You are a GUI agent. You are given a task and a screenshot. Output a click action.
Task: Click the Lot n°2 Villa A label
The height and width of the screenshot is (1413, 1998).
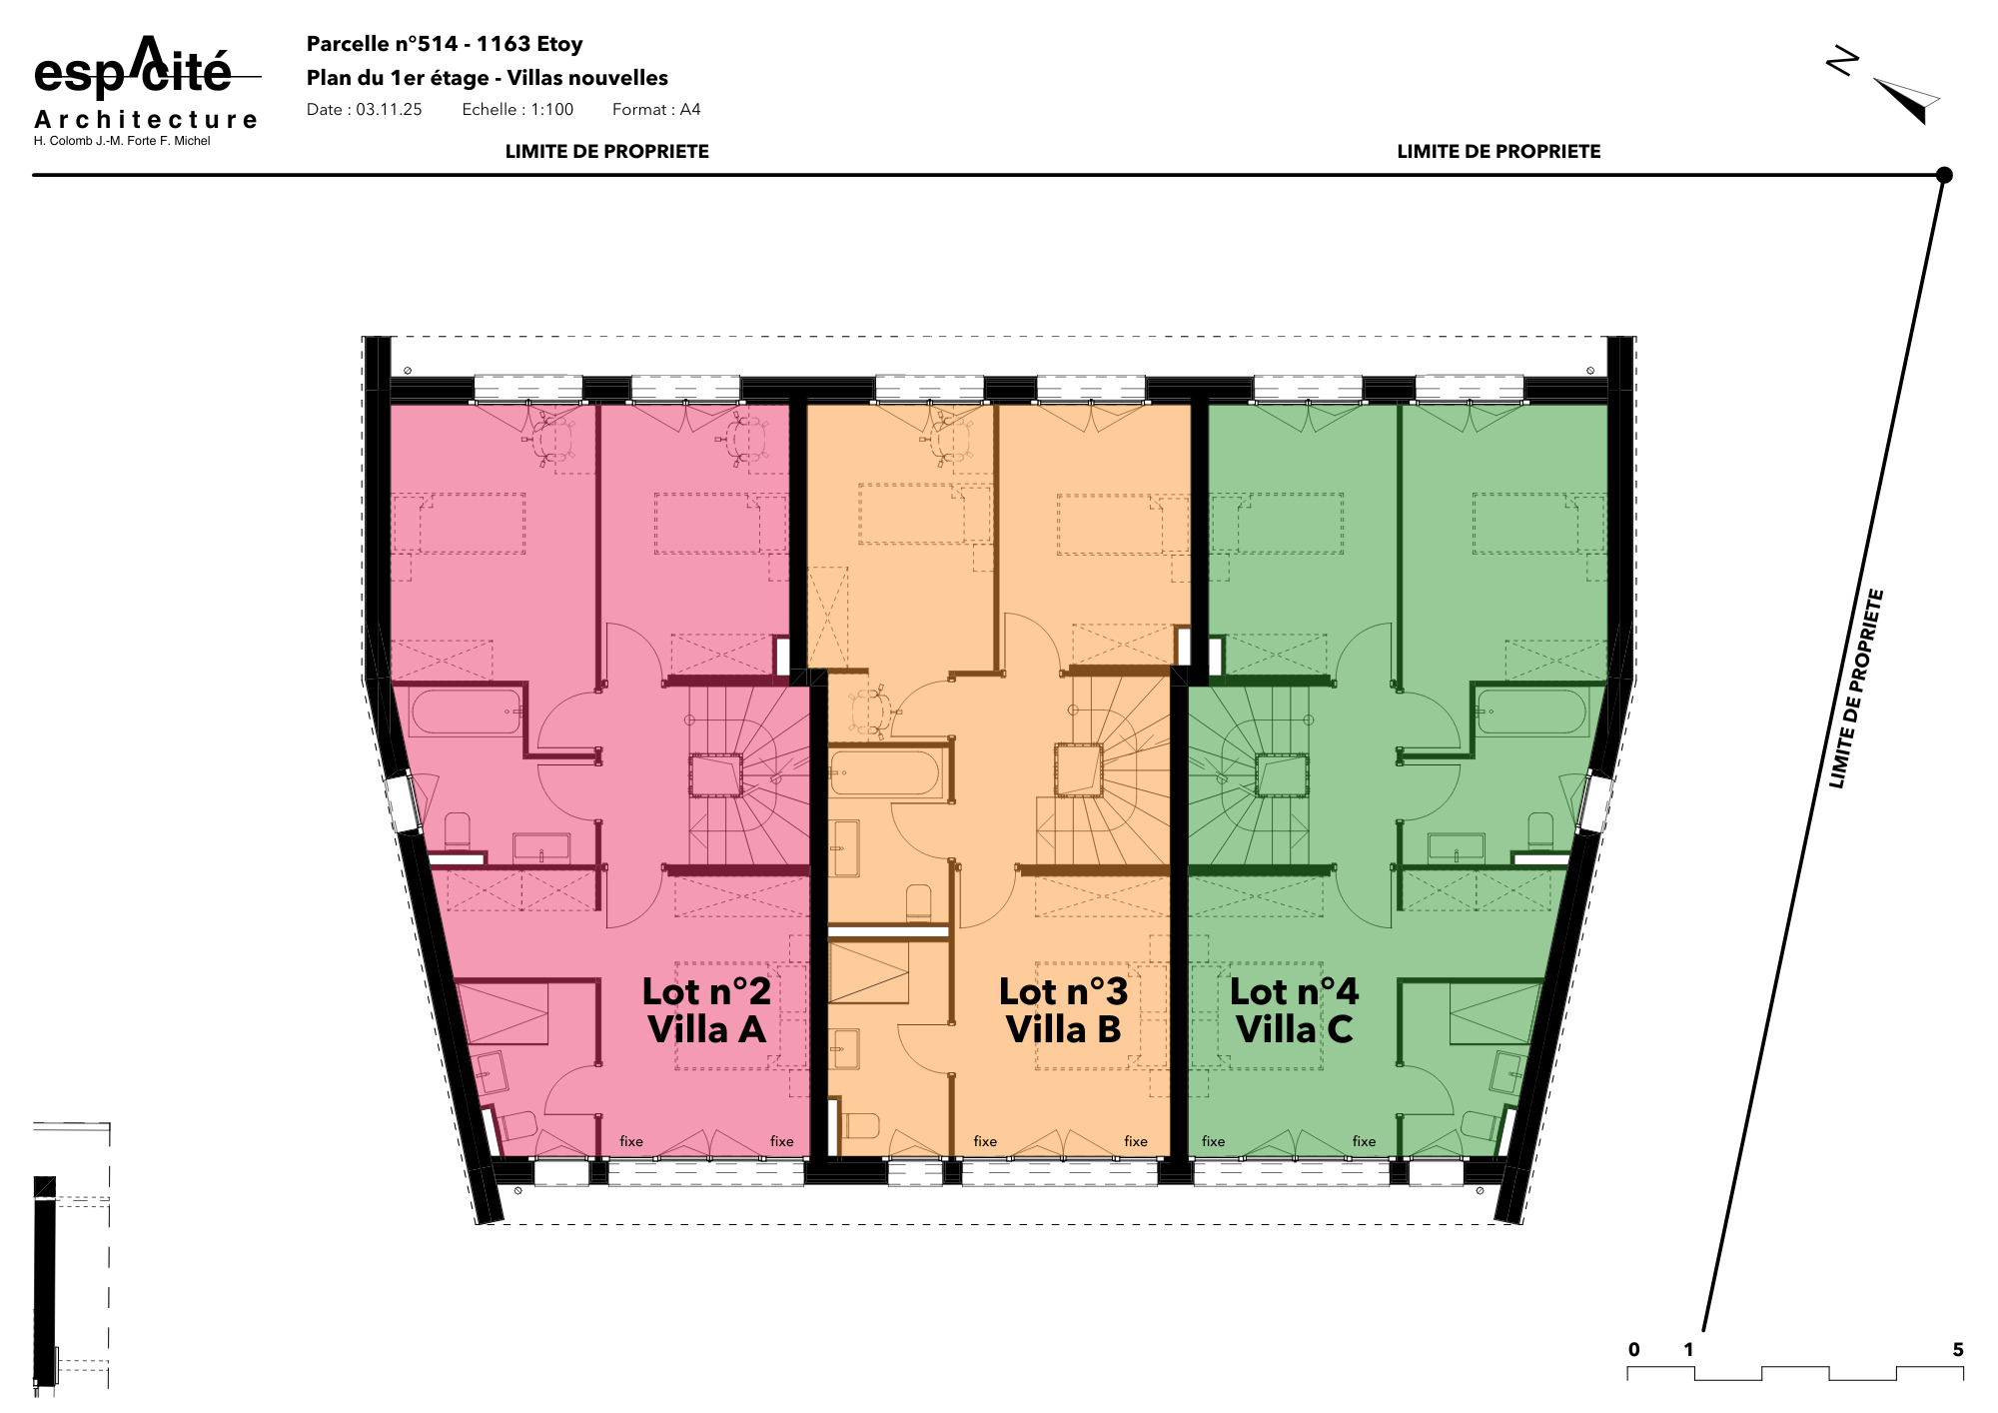706,1010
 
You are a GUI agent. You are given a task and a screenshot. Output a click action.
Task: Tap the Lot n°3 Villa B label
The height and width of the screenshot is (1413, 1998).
1063,1010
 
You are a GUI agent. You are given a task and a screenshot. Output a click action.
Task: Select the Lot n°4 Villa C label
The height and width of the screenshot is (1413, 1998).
1294,1010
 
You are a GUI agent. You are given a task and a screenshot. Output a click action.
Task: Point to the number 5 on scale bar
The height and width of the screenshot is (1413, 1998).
1958,1350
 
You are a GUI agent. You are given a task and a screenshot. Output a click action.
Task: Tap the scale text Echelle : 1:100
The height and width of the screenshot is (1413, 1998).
517,110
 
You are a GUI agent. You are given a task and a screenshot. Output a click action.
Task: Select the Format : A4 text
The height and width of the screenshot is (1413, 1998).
656,110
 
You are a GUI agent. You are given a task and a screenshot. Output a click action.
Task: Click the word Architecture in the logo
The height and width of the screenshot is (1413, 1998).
146,120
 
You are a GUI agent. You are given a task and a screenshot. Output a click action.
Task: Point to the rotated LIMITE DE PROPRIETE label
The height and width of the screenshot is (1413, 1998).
1856,689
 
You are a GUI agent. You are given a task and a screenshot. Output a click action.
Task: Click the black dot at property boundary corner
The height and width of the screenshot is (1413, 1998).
1944,175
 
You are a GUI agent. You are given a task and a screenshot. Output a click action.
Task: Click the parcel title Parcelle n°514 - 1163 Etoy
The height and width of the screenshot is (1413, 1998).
445,44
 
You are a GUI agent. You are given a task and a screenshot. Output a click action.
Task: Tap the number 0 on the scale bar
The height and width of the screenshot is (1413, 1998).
1634,1350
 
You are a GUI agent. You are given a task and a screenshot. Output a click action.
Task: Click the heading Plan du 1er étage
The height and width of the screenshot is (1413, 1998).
398,78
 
